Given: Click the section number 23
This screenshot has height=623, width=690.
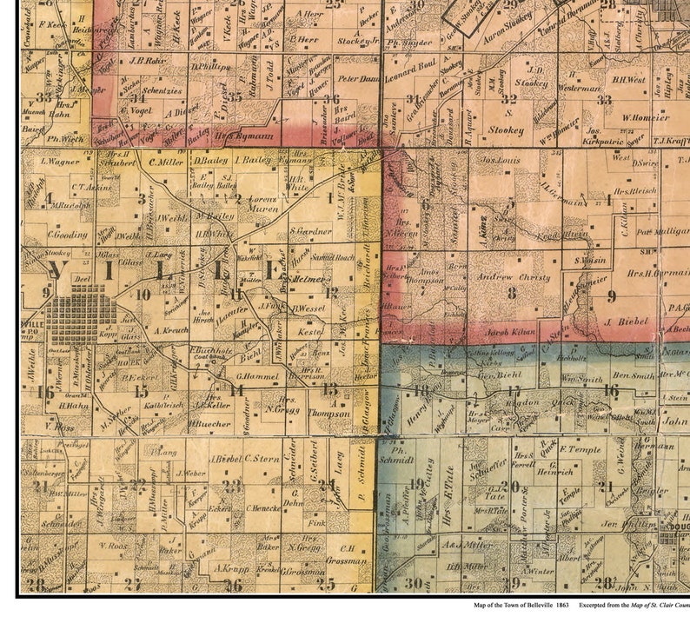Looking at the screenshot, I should coord(230,485).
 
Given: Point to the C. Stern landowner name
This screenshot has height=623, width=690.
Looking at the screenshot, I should coord(261,458).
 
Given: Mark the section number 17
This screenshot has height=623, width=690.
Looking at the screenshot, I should coord(514,389).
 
